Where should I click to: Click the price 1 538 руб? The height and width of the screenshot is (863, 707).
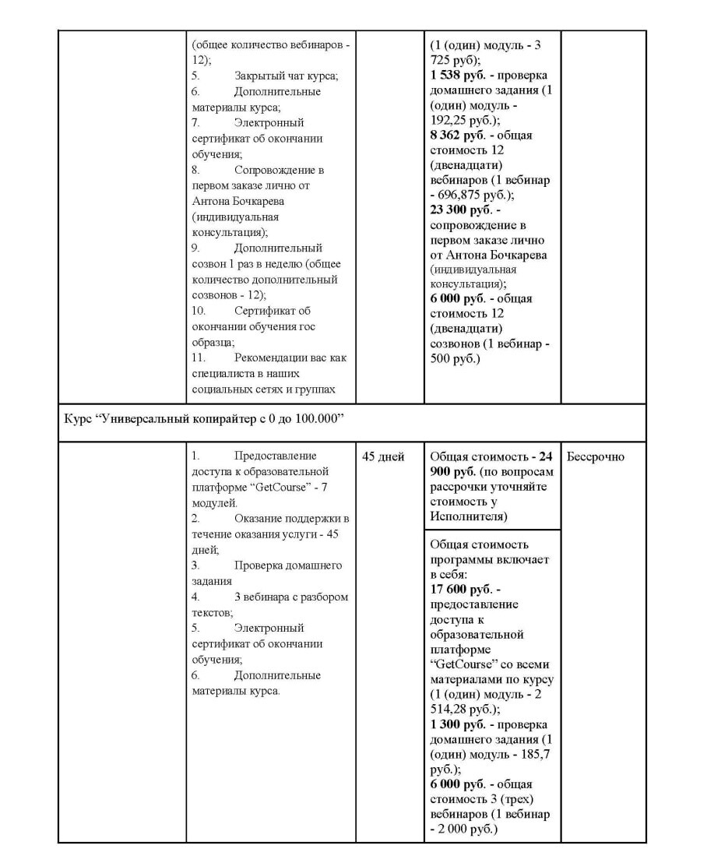click(458, 76)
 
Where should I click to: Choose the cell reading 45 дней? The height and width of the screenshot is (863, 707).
click(383, 457)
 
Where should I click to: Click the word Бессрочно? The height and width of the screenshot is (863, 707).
click(596, 457)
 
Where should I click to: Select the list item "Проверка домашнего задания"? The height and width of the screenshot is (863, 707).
click(276, 566)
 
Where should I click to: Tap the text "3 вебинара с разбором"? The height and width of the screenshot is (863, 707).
click(290, 597)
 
